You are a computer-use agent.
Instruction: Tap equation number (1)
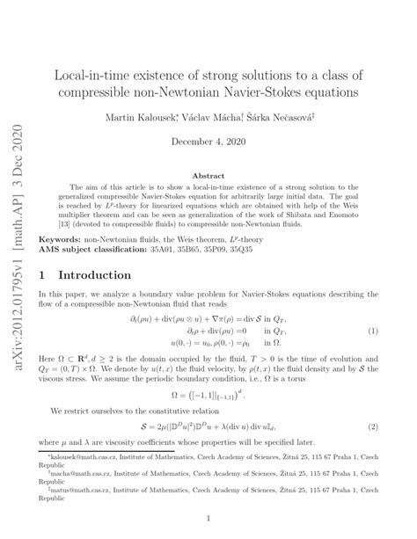(x=373, y=331)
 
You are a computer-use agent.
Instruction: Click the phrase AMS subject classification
(x=101, y=250)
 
